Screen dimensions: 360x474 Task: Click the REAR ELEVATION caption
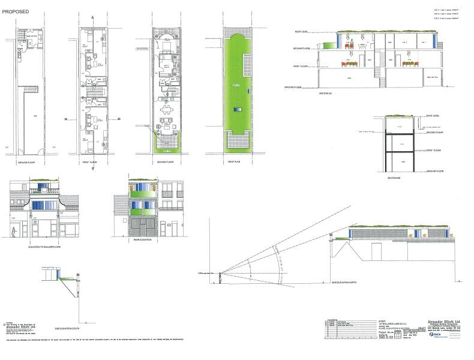pos(143,240)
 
